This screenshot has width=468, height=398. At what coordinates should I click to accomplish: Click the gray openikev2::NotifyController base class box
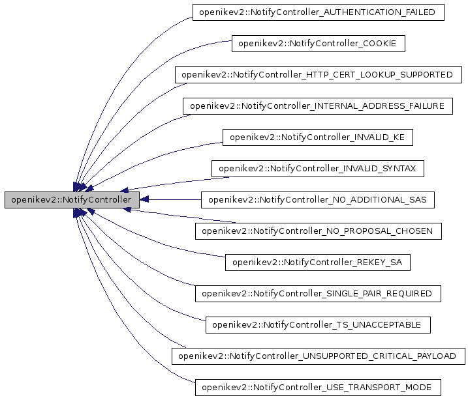pyautogui.click(x=72, y=199)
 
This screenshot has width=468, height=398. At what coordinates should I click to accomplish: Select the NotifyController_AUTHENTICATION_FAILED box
pyautogui.click(x=319, y=12)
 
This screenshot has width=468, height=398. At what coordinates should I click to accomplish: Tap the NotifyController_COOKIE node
pyautogui.click(x=319, y=44)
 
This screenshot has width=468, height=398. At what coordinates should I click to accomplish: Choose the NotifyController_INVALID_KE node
pyautogui.click(x=318, y=137)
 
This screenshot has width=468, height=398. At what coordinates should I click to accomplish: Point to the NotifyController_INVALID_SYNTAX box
pyautogui.click(x=318, y=169)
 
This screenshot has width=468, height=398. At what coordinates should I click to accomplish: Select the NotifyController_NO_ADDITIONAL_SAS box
pyautogui.click(x=318, y=200)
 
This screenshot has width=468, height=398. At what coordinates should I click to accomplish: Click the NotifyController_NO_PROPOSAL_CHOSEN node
pyautogui.click(x=319, y=231)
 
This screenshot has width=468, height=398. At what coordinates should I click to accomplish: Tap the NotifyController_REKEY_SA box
pyautogui.click(x=318, y=263)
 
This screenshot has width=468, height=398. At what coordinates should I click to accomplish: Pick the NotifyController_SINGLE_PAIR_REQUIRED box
pyautogui.click(x=318, y=294)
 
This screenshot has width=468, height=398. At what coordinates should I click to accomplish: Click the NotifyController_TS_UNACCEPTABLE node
pyautogui.click(x=318, y=324)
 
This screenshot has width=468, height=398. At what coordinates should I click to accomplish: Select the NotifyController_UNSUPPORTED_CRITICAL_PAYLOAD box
pyautogui.click(x=318, y=356)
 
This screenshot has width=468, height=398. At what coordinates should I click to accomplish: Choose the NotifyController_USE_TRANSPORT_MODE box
pyautogui.click(x=318, y=387)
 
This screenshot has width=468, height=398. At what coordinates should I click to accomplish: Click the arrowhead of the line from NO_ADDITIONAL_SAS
pyautogui.click(x=146, y=199)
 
